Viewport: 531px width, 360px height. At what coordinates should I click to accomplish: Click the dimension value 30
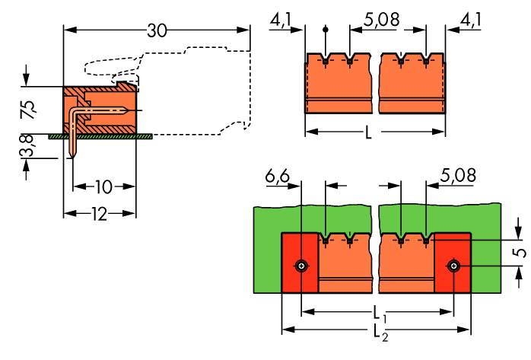pyautogui.click(x=157, y=30)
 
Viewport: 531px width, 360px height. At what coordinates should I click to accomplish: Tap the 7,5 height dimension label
pyautogui.click(x=28, y=110)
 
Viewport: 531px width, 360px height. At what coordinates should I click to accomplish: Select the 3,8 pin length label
pyautogui.click(x=27, y=146)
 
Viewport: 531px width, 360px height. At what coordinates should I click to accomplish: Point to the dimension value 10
pyautogui.click(x=103, y=187)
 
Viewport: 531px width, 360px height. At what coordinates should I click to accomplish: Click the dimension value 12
pyautogui.click(x=99, y=215)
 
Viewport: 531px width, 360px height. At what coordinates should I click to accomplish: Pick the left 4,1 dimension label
pyautogui.click(x=281, y=21)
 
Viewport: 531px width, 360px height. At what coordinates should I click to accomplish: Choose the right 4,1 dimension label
pyautogui.click(x=470, y=21)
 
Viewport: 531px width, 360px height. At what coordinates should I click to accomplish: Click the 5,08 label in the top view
pyautogui.click(x=381, y=20)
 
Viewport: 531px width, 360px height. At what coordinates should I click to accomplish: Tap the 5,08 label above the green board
pyautogui.click(x=458, y=175)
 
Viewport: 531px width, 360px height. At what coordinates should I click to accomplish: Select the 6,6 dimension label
pyautogui.click(x=278, y=176)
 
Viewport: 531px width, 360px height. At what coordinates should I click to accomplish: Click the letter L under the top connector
pyautogui.click(x=368, y=132)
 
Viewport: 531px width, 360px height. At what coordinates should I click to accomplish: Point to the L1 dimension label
pyautogui.click(x=380, y=314)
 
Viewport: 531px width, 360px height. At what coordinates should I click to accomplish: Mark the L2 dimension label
pyautogui.click(x=380, y=333)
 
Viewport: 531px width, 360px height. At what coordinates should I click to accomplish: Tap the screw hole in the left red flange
pyautogui.click(x=301, y=266)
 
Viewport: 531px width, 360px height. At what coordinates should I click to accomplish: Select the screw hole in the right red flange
pyautogui.click(x=453, y=266)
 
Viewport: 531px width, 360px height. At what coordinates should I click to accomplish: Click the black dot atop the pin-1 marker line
pyautogui.click(x=326, y=30)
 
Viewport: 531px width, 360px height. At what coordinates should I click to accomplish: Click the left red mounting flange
pyautogui.click(x=300, y=263)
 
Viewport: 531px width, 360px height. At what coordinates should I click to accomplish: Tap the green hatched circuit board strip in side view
pyautogui.click(x=100, y=136)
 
